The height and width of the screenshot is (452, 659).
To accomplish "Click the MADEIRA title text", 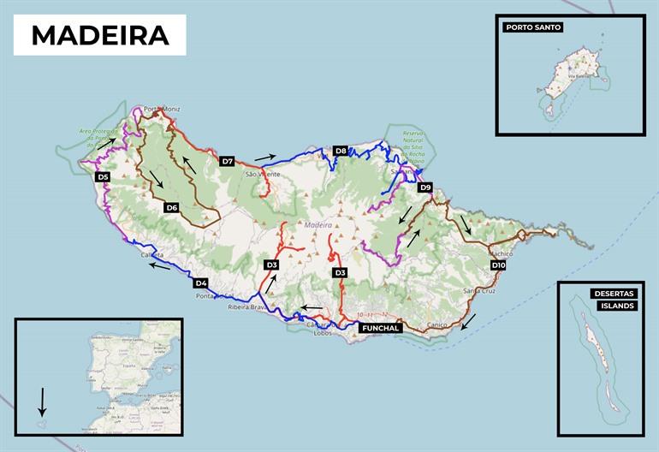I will [99, 35].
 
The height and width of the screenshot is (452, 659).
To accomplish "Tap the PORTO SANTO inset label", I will [533, 27].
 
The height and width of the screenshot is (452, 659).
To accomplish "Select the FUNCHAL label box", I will [379, 327].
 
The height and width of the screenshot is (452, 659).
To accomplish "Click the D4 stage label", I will [201, 283].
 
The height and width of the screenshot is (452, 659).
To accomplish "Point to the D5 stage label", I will [103, 176].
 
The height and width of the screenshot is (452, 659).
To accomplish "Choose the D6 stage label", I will [171, 207].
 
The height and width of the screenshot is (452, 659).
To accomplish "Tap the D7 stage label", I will [227, 161].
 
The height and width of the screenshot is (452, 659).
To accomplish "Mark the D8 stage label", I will [341, 151].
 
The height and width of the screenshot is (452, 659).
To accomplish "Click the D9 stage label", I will [425, 187].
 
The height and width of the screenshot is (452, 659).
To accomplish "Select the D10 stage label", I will [499, 266].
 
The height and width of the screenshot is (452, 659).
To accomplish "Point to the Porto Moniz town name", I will [162, 109].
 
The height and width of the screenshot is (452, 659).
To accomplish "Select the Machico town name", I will [501, 254].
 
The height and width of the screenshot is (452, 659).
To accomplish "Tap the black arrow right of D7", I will [265, 158].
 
